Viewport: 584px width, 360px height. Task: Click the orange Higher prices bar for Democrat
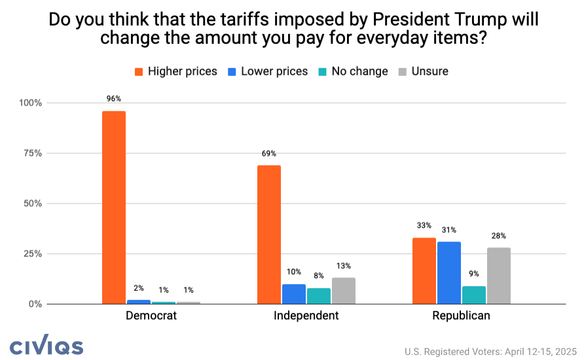click(114, 207)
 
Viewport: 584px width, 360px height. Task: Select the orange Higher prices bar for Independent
click(269, 234)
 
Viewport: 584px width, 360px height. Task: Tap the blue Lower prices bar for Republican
click(449, 272)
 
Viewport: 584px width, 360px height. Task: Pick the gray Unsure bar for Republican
click(498, 276)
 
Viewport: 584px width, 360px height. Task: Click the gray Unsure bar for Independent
click(344, 291)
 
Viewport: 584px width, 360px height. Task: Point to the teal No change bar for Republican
click(474, 295)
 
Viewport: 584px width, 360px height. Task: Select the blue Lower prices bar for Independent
click(294, 294)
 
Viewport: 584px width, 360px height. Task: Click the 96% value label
click(114, 99)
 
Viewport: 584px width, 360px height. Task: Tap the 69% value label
click(269, 153)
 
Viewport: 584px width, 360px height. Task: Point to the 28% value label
click(498, 236)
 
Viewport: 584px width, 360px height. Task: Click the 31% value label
click(449, 230)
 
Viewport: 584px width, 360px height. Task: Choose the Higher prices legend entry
click(175, 71)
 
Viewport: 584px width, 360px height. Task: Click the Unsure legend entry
click(423, 71)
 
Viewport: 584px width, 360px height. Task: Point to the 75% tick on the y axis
click(31, 153)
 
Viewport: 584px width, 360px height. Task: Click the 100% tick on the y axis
click(29, 103)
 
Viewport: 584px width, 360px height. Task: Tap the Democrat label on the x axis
click(151, 315)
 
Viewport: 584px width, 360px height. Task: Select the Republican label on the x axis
click(461, 315)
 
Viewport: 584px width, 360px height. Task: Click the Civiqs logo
click(46, 346)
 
